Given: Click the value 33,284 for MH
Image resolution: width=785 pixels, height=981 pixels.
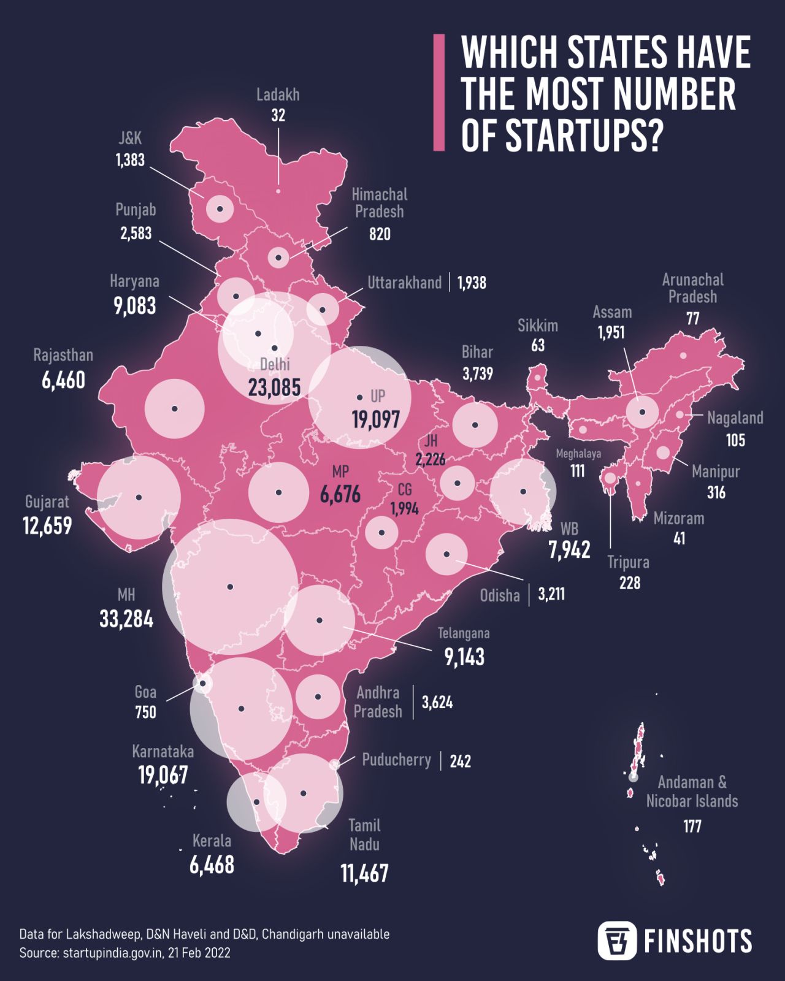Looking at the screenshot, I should (126, 619).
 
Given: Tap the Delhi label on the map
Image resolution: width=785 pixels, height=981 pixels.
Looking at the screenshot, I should (275, 364).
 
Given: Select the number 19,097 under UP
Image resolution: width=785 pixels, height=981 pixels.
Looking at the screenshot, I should (375, 420).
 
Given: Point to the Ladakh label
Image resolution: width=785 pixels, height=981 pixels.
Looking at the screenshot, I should (278, 95).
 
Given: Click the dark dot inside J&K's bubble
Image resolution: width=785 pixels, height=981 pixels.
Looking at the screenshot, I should (220, 210).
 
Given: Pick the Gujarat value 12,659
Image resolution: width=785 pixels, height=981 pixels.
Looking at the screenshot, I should (47, 526).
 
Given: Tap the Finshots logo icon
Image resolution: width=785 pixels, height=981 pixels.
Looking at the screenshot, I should (617, 940).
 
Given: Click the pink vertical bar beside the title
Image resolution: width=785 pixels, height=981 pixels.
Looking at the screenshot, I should (438, 93).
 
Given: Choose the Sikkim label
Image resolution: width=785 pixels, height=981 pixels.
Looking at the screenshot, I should (537, 326).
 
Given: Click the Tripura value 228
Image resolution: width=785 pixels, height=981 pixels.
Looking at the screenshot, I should (629, 582).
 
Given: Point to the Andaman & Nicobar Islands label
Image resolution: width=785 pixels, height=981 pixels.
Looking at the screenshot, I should (692, 792).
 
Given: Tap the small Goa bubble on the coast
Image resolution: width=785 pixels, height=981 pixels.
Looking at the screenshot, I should (202, 683).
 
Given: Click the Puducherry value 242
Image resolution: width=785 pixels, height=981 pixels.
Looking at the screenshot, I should (460, 762).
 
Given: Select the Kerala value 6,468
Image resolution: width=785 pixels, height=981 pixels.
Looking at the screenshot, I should (212, 865).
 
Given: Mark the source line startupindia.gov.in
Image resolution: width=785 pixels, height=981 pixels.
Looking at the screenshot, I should (124, 953).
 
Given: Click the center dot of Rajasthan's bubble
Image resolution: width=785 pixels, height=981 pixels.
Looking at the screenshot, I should (175, 408).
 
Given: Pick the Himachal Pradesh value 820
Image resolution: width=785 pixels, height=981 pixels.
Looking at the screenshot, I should (380, 234).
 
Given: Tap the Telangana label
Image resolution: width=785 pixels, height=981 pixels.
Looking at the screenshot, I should (463, 633).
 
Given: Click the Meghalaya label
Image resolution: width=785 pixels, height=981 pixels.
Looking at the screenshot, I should (578, 454).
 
